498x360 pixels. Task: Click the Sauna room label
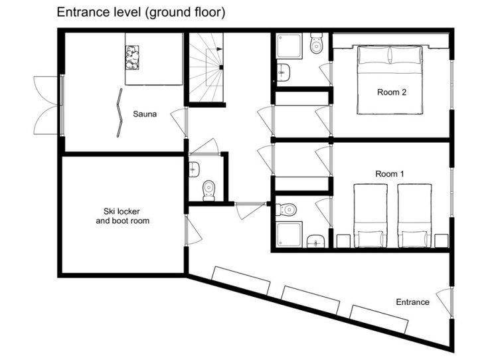(x=145, y=114)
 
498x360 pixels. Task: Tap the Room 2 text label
(x=392, y=92)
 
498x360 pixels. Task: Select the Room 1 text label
(x=390, y=174)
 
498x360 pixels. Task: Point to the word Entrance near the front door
(x=412, y=302)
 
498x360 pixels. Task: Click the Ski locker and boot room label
(x=123, y=216)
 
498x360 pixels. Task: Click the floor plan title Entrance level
(x=141, y=12)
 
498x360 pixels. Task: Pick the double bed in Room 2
(x=390, y=80)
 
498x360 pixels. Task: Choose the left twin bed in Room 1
(x=371, y=215)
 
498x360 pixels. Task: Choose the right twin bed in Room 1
(x=414, y=215)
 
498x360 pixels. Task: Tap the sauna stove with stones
(x=132, y=57)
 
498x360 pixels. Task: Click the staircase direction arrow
(x=219, y=49)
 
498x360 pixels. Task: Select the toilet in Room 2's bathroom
(x=316, y=43)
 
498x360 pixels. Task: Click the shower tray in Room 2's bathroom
(x=289, y=46)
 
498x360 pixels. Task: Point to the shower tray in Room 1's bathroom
(x=289, y=234)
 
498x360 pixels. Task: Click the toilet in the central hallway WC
(x=208, y=191)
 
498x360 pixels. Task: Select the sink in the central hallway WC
(x=194, y=169)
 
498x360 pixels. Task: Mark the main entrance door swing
(x=444, y=303)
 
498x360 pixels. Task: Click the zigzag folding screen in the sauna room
(x=119, y=113)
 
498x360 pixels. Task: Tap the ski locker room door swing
(x=193, y=229)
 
